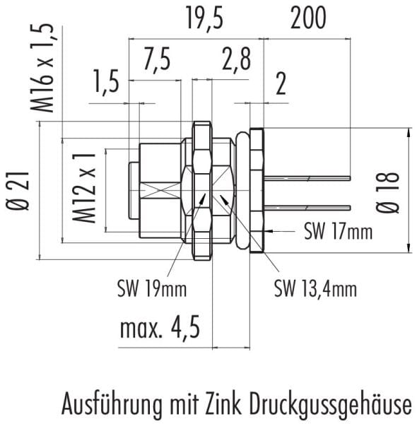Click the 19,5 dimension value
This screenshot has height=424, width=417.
(x=205, y=18)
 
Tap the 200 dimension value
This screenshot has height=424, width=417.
(x=308, y=18)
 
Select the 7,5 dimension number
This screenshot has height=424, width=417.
(x=157, y=60)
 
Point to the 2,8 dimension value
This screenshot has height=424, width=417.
(x=236, y=59)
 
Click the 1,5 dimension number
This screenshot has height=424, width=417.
(x=106, y=81)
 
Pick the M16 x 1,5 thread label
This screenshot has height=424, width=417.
(x=42, y=68)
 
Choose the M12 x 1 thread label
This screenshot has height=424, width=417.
(x=84, y=188)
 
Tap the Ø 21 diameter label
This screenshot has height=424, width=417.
(x=17, y=191)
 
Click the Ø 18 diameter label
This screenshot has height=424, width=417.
(x=387, y=192)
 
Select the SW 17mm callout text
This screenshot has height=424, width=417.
(x=339, y=232)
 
